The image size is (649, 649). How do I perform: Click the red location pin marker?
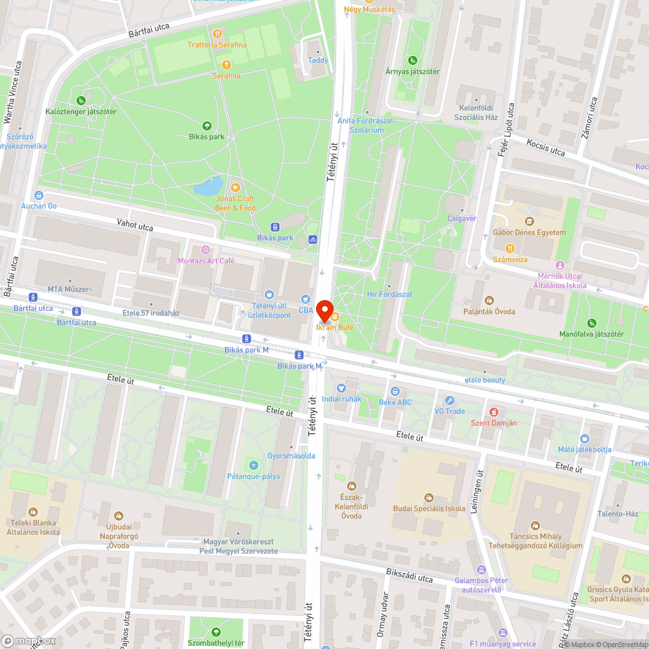coord(324,308)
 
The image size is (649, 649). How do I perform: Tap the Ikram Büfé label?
coord(334,327)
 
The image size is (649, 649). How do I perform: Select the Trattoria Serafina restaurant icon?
coord(217,33)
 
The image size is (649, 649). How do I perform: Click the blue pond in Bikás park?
coord(208,187)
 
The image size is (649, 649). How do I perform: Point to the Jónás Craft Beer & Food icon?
coord(235,188)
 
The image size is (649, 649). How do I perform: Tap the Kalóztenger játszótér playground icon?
coord(81,101)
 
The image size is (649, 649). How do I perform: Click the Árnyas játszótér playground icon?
coord(412,60)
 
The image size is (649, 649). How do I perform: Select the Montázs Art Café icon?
coord(206,250)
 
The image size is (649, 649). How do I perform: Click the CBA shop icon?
coord(306,299)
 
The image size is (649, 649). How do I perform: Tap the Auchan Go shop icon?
coord(39,195)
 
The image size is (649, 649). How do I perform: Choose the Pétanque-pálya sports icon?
coord(253,465)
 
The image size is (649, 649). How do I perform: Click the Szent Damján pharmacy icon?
coord(493,412)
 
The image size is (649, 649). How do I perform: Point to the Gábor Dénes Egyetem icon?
coord(530,221)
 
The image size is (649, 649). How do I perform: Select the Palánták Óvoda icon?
coord(489,300)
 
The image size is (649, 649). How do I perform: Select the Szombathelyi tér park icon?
coord(216,631)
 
